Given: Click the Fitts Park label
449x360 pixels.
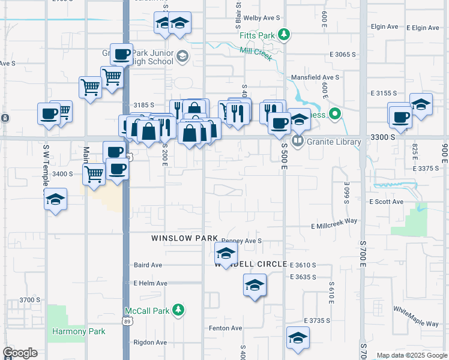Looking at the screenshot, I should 257,35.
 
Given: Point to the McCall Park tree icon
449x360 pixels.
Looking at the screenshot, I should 178,310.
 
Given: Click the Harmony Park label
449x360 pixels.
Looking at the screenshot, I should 79,331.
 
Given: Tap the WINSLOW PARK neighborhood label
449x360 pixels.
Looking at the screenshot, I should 184,238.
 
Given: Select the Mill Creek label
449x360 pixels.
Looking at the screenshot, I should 256,54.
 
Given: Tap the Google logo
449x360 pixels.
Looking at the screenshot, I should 20,353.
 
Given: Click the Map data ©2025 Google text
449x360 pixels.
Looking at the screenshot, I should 412,355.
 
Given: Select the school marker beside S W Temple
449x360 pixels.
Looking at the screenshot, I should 55,200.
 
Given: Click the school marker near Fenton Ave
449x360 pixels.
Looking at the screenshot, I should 298,338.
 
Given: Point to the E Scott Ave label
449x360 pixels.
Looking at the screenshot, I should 386,202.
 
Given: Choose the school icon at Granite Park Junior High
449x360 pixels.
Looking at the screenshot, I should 182,57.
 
